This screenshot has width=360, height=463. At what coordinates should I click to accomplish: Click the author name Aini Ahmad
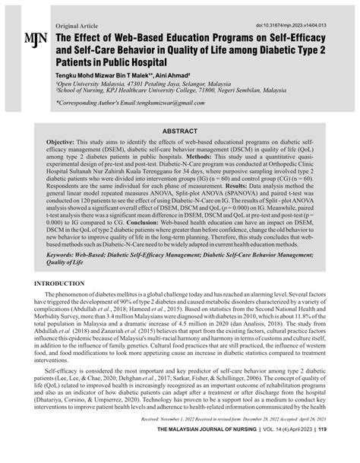[176, 77]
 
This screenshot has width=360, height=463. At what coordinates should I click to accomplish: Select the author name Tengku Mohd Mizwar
[95, 77]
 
